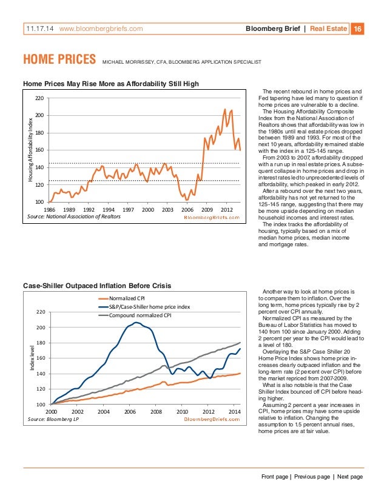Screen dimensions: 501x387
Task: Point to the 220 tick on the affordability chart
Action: pos(39,98)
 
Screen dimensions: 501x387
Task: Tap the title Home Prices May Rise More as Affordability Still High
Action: pos(111,83)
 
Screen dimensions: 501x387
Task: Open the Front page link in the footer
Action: pos(275,477)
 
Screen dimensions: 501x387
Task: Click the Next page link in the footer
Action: pos(349,477)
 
